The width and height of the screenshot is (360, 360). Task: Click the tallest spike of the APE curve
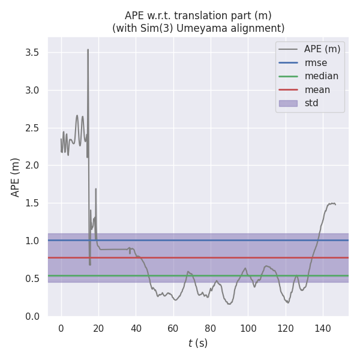(88, 50)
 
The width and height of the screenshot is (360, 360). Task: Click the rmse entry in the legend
(316, 62)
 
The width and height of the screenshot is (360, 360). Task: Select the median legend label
(321, 76)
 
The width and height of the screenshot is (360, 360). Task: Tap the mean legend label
(317, 90)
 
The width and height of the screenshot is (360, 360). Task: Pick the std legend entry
(311, 103)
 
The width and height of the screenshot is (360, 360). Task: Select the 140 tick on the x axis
(323, 328)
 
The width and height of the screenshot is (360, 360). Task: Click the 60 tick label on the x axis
(173, 328)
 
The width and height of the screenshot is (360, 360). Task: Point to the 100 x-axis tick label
(248, 328)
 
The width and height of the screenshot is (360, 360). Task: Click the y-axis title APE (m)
(16, 177)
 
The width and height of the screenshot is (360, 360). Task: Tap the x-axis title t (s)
(198, 343)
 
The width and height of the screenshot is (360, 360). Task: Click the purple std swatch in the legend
(289, 103)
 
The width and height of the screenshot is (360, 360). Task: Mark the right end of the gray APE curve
(335, 205)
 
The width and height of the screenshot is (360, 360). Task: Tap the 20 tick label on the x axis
(98, 328)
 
